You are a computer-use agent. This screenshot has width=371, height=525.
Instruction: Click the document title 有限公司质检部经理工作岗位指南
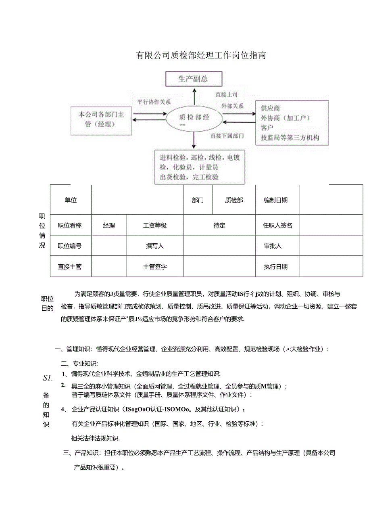(200, 56)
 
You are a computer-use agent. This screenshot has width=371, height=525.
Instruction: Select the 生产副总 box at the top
(194, 79)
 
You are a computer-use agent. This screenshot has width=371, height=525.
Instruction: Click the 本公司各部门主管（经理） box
(101, 120)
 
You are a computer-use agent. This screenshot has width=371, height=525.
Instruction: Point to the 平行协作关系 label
(154, 102)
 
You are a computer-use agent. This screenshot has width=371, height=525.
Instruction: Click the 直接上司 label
(226, 94)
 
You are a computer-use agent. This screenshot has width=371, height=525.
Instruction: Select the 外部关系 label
(232, 106)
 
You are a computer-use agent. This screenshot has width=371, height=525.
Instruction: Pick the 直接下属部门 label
(227, 136)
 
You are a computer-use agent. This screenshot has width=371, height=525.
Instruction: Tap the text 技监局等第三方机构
(290, 138)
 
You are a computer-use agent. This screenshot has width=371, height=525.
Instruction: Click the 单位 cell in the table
(71, 200)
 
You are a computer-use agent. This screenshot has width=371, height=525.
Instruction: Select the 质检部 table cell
(234, 200)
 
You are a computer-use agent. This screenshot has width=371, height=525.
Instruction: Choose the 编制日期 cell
(276, 200)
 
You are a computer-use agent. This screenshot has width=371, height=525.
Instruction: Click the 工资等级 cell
(155, 226)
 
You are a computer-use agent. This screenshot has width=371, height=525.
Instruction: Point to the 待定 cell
(219, 226)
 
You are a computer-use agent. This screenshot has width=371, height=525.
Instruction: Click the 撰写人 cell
(155, 246)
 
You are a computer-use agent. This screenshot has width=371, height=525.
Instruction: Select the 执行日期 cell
(276, 267)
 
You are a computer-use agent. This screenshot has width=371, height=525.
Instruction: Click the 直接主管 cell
(70, 267)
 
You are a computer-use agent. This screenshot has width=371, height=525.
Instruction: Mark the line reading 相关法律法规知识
(96, 438)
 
